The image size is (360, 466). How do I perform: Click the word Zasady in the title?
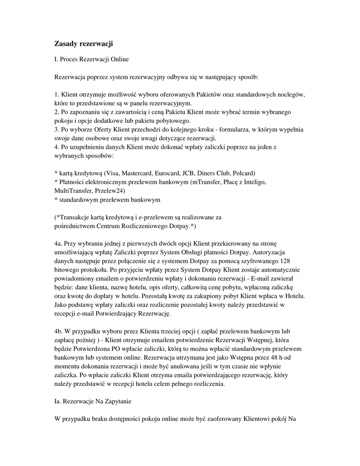point(66,44)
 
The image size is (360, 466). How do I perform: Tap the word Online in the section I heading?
point(118,59)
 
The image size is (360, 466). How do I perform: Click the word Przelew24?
point(110,191)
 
